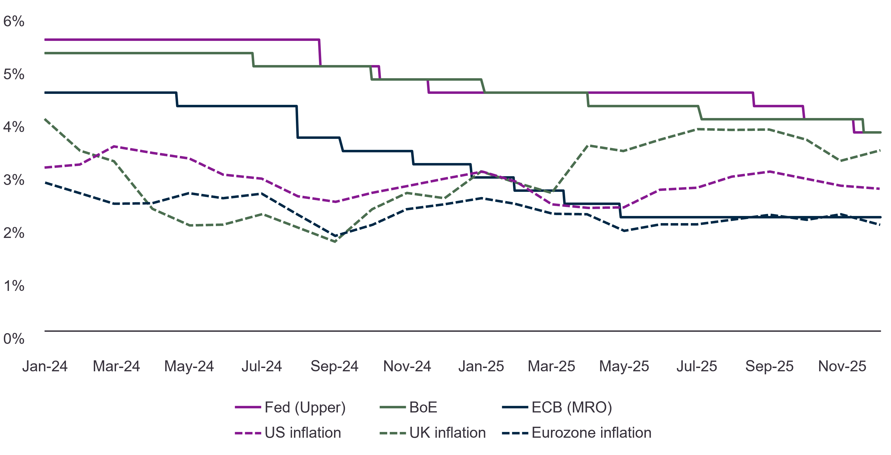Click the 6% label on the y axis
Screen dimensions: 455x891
[x=14, y=21]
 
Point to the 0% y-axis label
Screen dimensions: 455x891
[x=14, y=339]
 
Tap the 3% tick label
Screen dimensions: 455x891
[x=14, y=180]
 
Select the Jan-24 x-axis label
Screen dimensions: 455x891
[x=45, y=366]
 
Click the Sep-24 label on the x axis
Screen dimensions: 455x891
[x=335, y=366]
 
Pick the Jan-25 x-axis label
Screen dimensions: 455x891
[x=481, y=366]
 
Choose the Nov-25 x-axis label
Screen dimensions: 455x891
[x=842, y=366]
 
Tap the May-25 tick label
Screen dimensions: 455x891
[x=624, y=366]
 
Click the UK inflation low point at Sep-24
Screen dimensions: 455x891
[x=335, y=241]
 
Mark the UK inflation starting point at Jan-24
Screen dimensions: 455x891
[x=45, y=119]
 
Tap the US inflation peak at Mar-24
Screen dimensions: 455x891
[x=114, y=146]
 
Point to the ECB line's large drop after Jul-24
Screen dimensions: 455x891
[x=297, y=122]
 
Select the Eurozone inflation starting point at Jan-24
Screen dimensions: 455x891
[x=45, y=182]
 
